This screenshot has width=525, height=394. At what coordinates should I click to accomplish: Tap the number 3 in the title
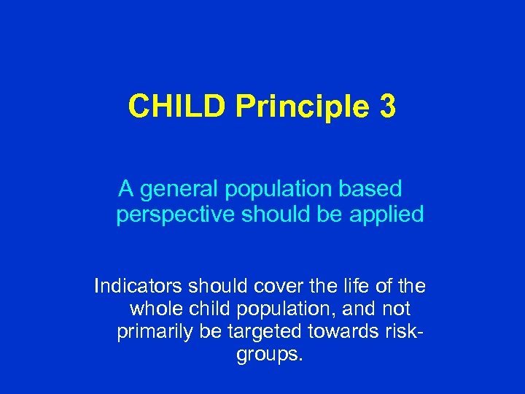click(x=388, y=107)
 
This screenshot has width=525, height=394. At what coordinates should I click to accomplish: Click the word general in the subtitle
click(x=179, y=190)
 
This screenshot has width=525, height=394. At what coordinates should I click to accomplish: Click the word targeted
click(x=265, y=333)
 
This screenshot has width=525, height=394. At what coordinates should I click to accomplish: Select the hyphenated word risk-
click(x=403, y=333)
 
